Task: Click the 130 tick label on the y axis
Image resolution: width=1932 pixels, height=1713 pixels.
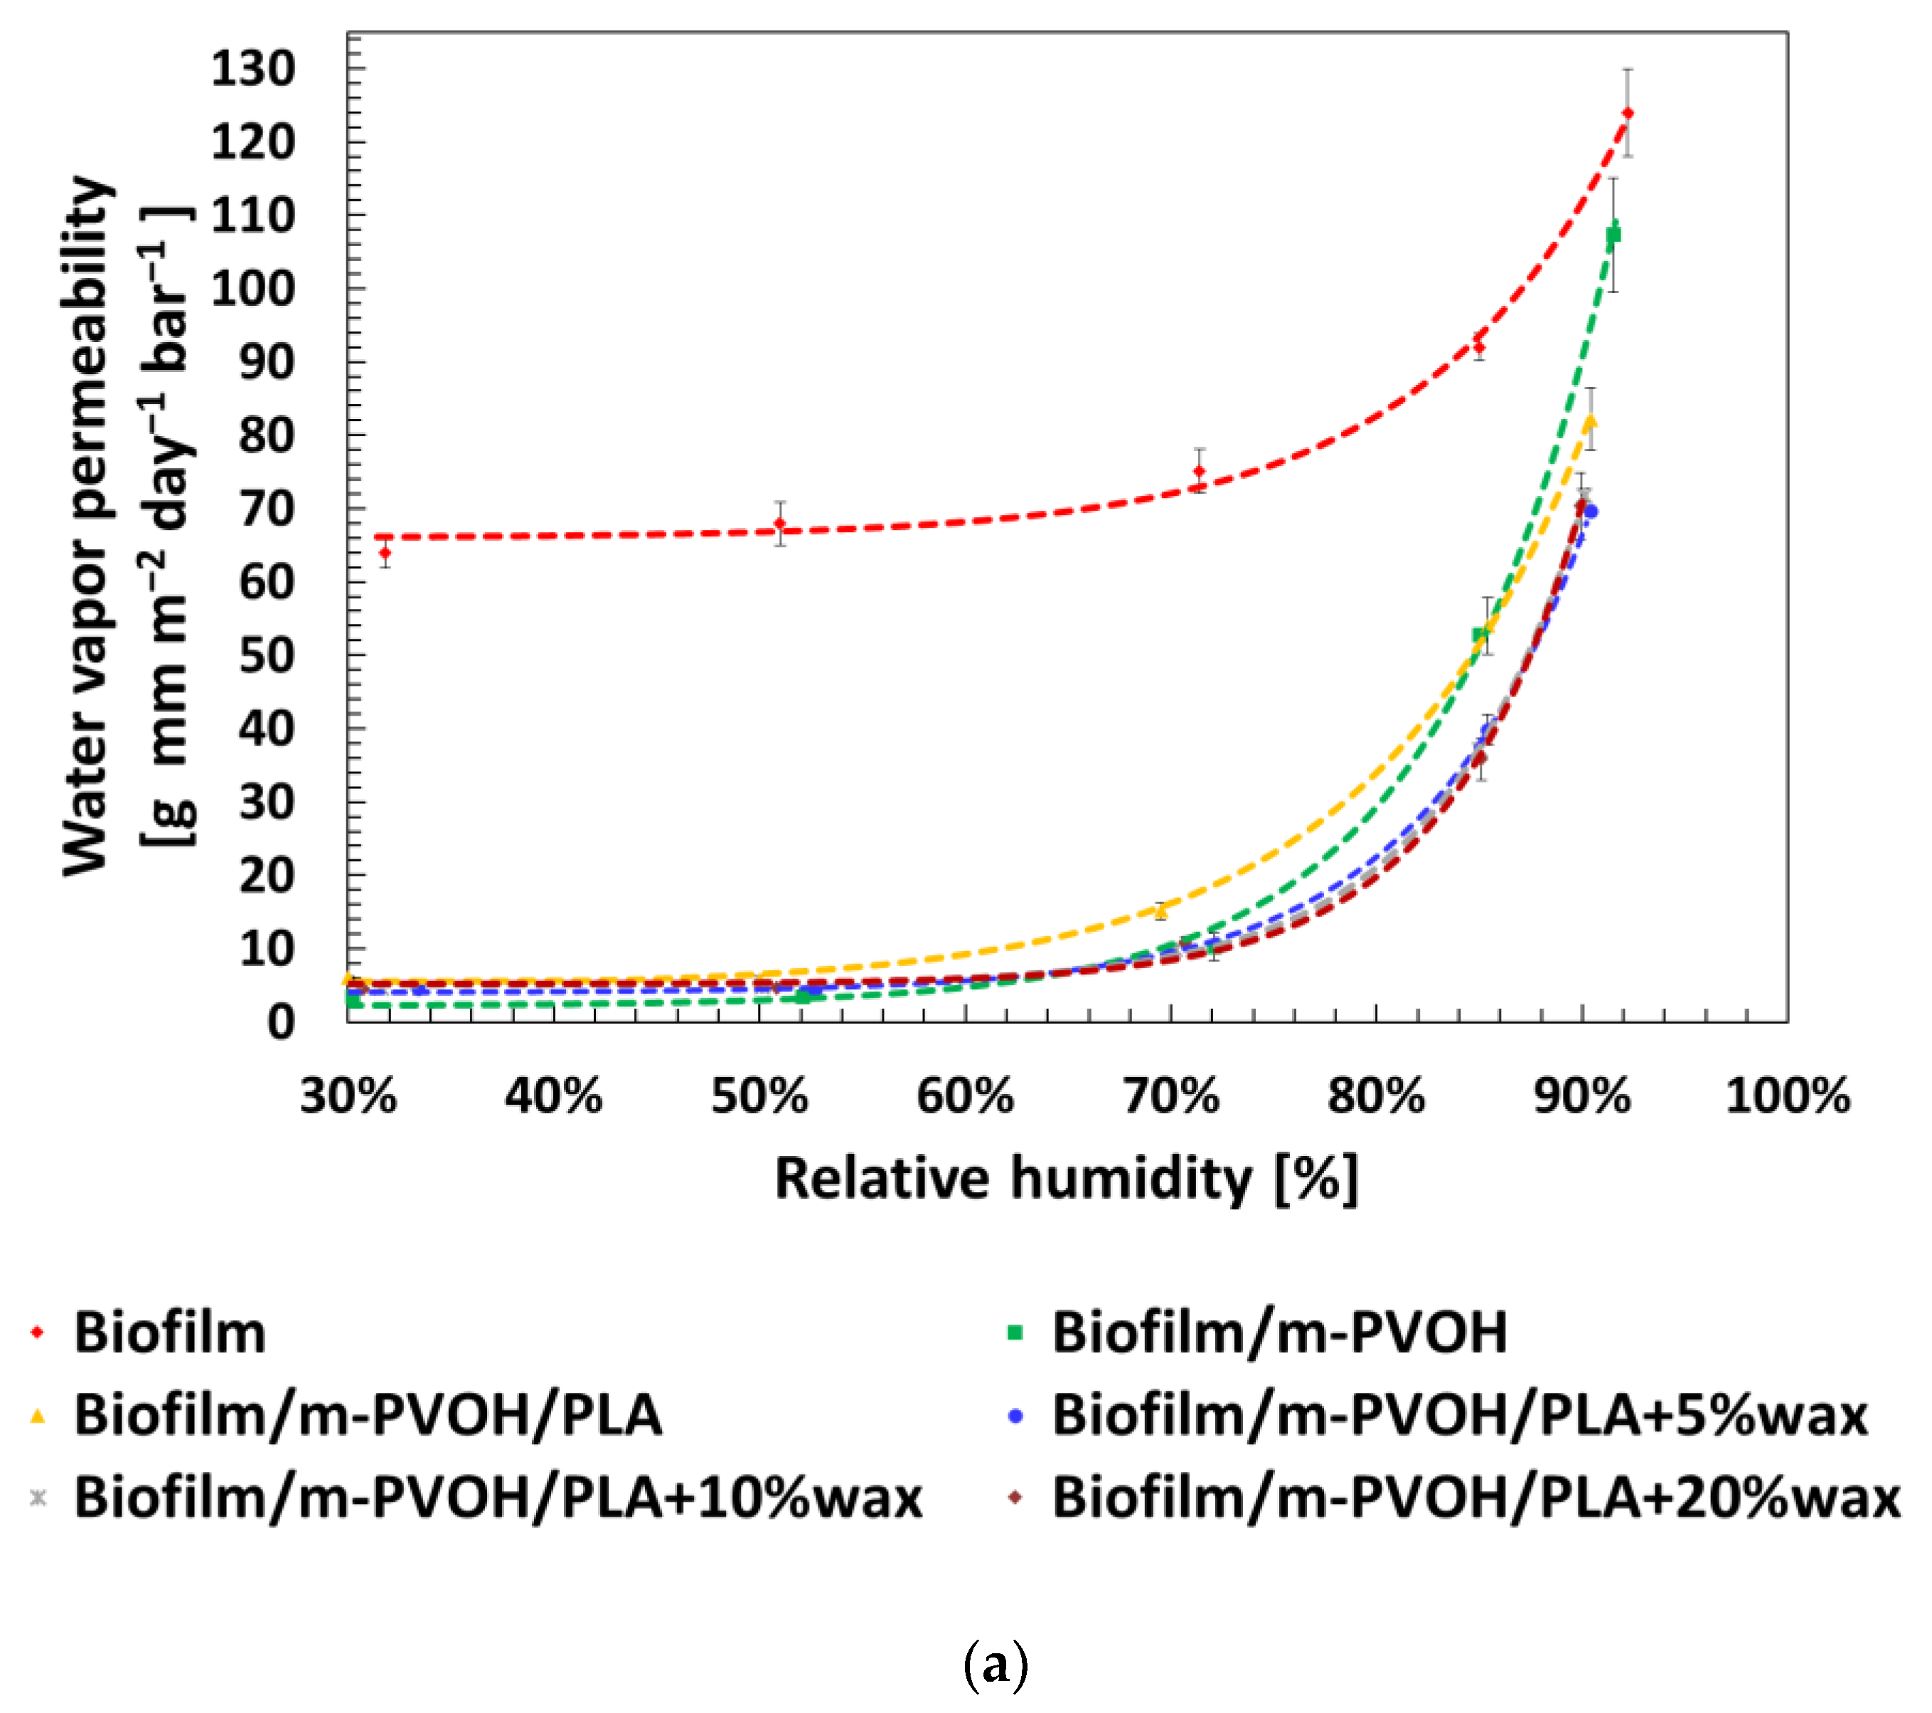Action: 252,69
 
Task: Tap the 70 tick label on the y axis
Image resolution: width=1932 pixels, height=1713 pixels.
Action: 266,509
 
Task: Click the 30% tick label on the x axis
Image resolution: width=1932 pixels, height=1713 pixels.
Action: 348,1097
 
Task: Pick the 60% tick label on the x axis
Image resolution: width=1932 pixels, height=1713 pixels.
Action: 964,1097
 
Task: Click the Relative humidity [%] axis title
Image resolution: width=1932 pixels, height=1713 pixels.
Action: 1066,1179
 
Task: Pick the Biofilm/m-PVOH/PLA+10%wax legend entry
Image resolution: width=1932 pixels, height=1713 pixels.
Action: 498,1498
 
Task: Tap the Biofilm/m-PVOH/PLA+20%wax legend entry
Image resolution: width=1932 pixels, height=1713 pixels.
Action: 1475,1498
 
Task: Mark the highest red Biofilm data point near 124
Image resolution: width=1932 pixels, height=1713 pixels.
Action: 1628,113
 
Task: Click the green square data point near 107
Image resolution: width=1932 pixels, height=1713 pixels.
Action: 1613,233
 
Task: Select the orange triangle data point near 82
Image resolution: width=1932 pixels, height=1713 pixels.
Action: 1591,420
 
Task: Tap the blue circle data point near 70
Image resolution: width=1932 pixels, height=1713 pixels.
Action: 1591,511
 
